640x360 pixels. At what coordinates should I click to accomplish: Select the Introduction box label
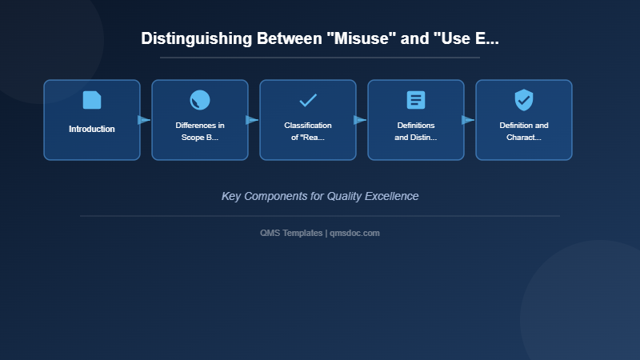[92, 129]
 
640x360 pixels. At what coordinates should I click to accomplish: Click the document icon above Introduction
[92, 100]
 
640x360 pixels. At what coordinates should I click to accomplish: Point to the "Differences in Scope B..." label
[200, 131]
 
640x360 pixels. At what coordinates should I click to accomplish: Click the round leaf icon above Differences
[200, 100]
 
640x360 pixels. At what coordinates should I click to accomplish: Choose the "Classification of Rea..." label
[308, 131]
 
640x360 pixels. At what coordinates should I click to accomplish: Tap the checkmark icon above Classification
[308, 100]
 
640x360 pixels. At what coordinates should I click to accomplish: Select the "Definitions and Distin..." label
[416, 131]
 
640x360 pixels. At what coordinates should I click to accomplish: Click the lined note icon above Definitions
[416, 100]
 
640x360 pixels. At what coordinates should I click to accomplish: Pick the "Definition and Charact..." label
[524, 131]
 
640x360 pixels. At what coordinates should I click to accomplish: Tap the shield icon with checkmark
[524, 100]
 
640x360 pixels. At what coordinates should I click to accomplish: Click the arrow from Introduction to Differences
[144, 120]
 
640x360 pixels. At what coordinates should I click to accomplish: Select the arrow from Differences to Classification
[252, 120]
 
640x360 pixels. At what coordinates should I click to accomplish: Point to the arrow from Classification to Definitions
[360, 120]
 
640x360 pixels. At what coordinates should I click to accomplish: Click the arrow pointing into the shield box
[468, 120]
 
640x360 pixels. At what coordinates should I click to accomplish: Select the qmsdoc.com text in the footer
[355, 233]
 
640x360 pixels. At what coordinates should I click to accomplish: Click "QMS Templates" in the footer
[291, 233]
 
